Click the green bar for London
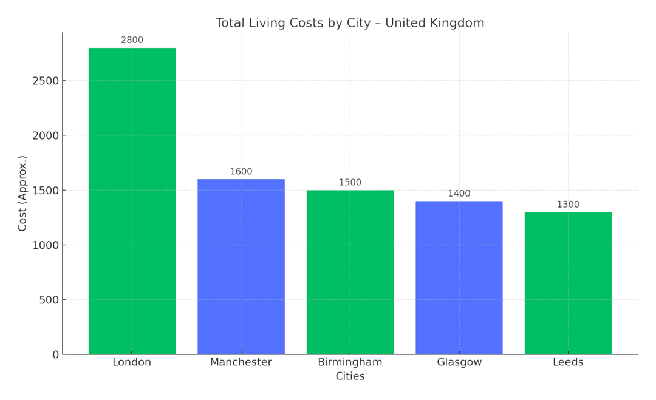point(132,200)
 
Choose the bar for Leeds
point(568,282)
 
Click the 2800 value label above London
point(132,41)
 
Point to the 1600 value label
point(241,172)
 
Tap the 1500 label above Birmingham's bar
point(350,183)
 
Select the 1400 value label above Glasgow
point(459,194)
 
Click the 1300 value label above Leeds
point(568,205)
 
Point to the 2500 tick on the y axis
point(46,81)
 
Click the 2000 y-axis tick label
point(46,135)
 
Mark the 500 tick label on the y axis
point(49,300)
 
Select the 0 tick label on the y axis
point(56,354)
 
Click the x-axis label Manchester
point(241,362)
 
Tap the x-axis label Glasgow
point(459,362)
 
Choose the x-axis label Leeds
point(568,362)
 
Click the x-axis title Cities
point(350,376)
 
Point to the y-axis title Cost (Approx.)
point(22,193)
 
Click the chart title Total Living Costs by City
point(350,23)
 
